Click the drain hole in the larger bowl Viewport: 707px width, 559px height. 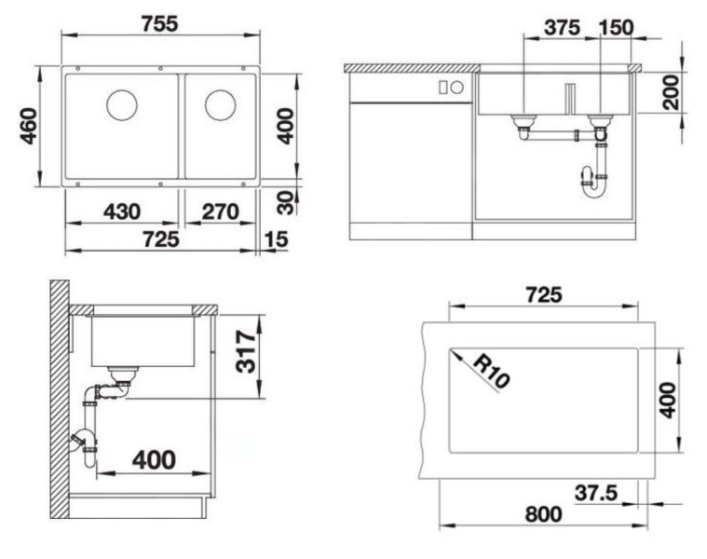[121, 104]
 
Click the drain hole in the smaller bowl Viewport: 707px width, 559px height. [220, 104]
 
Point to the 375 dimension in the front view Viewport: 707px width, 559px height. [562, 27]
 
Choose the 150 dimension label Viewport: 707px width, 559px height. [616, 27]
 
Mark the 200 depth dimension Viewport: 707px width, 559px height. [671, 91]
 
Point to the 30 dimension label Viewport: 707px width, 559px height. [286, 200]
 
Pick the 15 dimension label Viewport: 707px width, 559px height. [276, 240]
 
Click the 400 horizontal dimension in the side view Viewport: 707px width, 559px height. [154, 459]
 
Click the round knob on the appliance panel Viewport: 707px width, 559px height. [457, 88]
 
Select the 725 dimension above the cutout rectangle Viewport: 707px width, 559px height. [543, 295]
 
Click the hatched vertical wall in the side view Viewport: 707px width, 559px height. [61, 401]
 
